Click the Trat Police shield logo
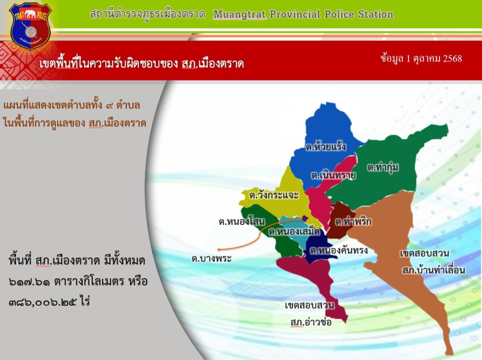point(31,26)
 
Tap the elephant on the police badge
point(30,14)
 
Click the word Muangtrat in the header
point(240,15)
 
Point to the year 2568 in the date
point(452,58)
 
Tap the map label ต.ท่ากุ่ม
point(383,168)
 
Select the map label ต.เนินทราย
point(333,175)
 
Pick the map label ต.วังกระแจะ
point(274,195)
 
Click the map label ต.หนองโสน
point(241,221)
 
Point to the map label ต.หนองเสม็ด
point(294,231)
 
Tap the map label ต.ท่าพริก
point(353,221)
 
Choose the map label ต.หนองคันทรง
point(339,250)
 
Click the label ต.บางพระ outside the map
point(211,258)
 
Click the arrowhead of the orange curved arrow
point(218,249)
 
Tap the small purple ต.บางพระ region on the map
point(305,218)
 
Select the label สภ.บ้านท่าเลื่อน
point(434,270)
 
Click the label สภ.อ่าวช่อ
point(311,322)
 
